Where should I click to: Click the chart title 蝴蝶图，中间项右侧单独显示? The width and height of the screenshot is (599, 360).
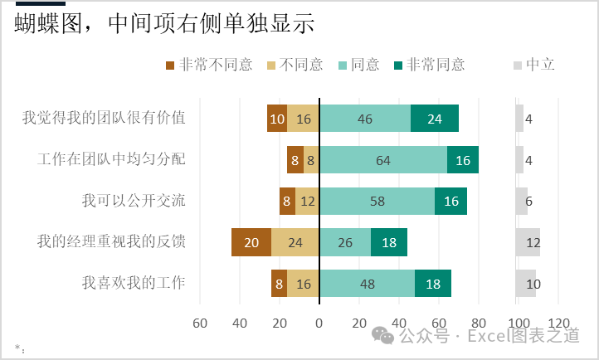[164, 24]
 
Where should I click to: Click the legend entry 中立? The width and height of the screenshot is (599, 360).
[534, 65]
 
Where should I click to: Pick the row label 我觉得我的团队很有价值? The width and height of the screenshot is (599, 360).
[104, 118]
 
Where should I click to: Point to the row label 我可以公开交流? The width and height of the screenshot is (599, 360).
[134, 201]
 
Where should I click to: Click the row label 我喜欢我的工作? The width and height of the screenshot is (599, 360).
[134, 283]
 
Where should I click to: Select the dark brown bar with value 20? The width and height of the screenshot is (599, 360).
[251, 242]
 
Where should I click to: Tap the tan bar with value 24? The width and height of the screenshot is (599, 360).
[295, 242]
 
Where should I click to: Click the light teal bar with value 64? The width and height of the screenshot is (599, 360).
[383, 159]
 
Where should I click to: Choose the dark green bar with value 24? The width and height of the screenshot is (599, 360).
[435, 118]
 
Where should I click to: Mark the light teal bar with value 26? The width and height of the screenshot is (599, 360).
[345, 242]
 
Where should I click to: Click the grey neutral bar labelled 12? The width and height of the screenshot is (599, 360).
[528, 242]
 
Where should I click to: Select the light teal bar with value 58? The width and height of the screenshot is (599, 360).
[377, 201]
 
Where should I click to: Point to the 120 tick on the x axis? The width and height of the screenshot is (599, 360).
[558, 323]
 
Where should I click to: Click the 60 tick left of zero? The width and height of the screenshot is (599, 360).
[200, 323]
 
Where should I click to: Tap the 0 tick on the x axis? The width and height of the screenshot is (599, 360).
[319, 323]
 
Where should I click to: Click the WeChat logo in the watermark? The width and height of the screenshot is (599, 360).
[383, 335]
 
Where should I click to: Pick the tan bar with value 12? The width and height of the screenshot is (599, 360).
[307, 201]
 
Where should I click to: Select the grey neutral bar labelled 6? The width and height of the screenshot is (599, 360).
[521, 201]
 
